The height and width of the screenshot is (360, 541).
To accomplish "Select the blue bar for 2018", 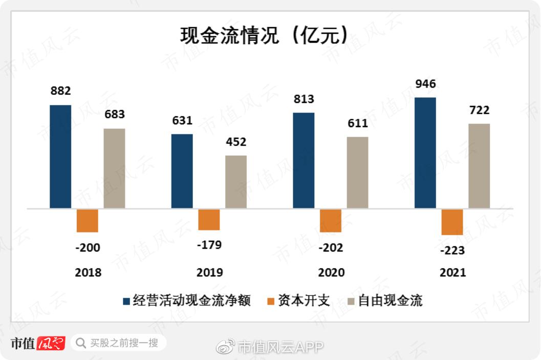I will click(60, 156).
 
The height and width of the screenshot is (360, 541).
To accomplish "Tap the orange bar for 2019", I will click(209, 220).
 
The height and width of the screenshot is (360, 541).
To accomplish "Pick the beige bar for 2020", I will click(357, 172).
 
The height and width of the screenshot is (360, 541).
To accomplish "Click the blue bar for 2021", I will click(425, 153).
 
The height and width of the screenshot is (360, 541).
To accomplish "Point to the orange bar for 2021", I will click(452, 222).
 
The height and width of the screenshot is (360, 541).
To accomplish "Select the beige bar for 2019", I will click(236, 182).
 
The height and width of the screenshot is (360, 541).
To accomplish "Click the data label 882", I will click(60, 91).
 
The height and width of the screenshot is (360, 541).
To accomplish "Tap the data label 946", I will click(425, 83).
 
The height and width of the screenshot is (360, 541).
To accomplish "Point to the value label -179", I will click(209, 245).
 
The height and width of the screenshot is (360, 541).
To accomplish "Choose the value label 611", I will click(358, 123).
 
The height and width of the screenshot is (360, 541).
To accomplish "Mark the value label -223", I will click(452, 250).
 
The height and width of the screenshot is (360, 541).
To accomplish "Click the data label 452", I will click(236, 142).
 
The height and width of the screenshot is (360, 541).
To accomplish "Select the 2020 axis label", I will click(331, 272).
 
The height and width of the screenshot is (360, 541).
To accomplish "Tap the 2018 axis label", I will click(88, 272).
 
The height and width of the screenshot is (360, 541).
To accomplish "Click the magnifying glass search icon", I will click(80, 343).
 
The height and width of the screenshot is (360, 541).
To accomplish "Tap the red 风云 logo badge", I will click(51, 343).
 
